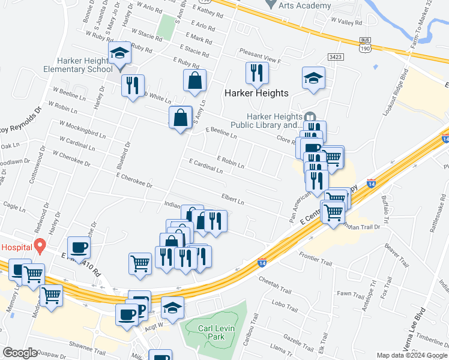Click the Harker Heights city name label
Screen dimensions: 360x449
pos(256,93)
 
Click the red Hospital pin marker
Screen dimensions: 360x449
pos(40,245)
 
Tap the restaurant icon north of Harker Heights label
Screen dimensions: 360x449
pos(257,73)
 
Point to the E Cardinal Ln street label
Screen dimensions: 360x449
pos(205,166)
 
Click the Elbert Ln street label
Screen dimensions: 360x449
pos(233,199)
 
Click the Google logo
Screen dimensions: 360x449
pos(19,353)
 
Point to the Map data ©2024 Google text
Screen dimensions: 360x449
pos(412,355)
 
